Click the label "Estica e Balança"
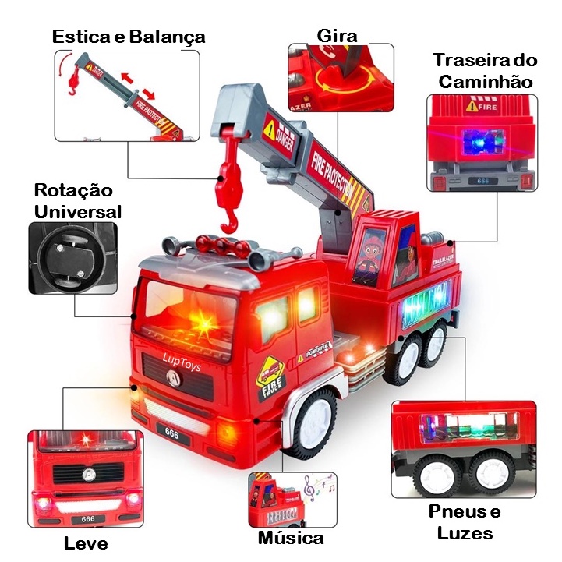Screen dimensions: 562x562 (129, 36)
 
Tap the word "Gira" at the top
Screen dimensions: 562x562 (338, 35)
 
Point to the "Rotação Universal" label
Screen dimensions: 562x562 (78, 200)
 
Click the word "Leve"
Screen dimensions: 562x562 (87, 543)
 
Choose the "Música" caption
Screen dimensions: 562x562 (291, 538)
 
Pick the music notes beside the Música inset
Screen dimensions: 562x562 (317, 486)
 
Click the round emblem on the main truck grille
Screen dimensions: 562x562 (169, 376)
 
